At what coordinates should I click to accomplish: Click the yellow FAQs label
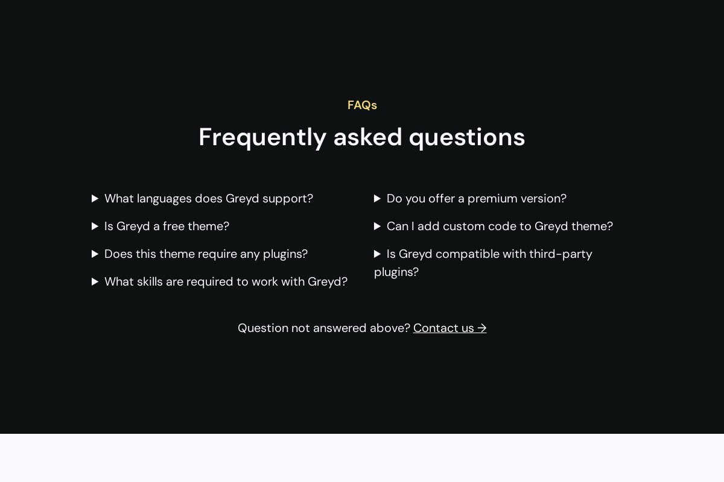pyautogui.click(x=362, y=105)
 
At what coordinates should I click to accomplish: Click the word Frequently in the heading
pyautogui.click(x=262, y=138)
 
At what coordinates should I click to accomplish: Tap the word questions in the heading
pyautogui.click(x=467, y=138)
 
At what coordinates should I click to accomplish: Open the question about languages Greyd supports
pyautogui.click(x=209, y=199)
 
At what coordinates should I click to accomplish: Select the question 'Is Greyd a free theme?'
pyautogui.click(x=167, y=227)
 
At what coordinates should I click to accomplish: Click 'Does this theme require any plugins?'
pyautogui.click(x=206, y=254)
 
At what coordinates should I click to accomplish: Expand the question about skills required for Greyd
pyautogui.click(x=226, y=282)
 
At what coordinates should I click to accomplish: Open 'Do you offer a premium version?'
pyautogui.click(x=477, y=199)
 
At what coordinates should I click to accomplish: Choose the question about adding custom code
pyautogui.click(x=500, y=227)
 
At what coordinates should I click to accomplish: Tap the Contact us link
pyautogui.click(x=449, y=328)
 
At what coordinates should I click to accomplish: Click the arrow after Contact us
pyautogui.click(x=482, y=328)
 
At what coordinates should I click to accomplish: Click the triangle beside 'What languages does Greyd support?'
pyautogui.click(x=95, y=199)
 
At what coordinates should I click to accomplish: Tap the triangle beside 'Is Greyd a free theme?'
pyautogui.click(x=95, y=227)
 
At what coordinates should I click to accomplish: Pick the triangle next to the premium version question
pyautogui.click(x=377, y=199)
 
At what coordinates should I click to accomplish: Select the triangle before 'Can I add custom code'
pyautogui.click(x=377, y=227)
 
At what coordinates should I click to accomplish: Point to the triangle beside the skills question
pyautogui.click(x=95, y=282)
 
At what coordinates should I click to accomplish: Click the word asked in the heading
pyautogui.click(x=367, y=137)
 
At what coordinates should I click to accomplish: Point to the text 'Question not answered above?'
pyautogui.click(x=324, y=328)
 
